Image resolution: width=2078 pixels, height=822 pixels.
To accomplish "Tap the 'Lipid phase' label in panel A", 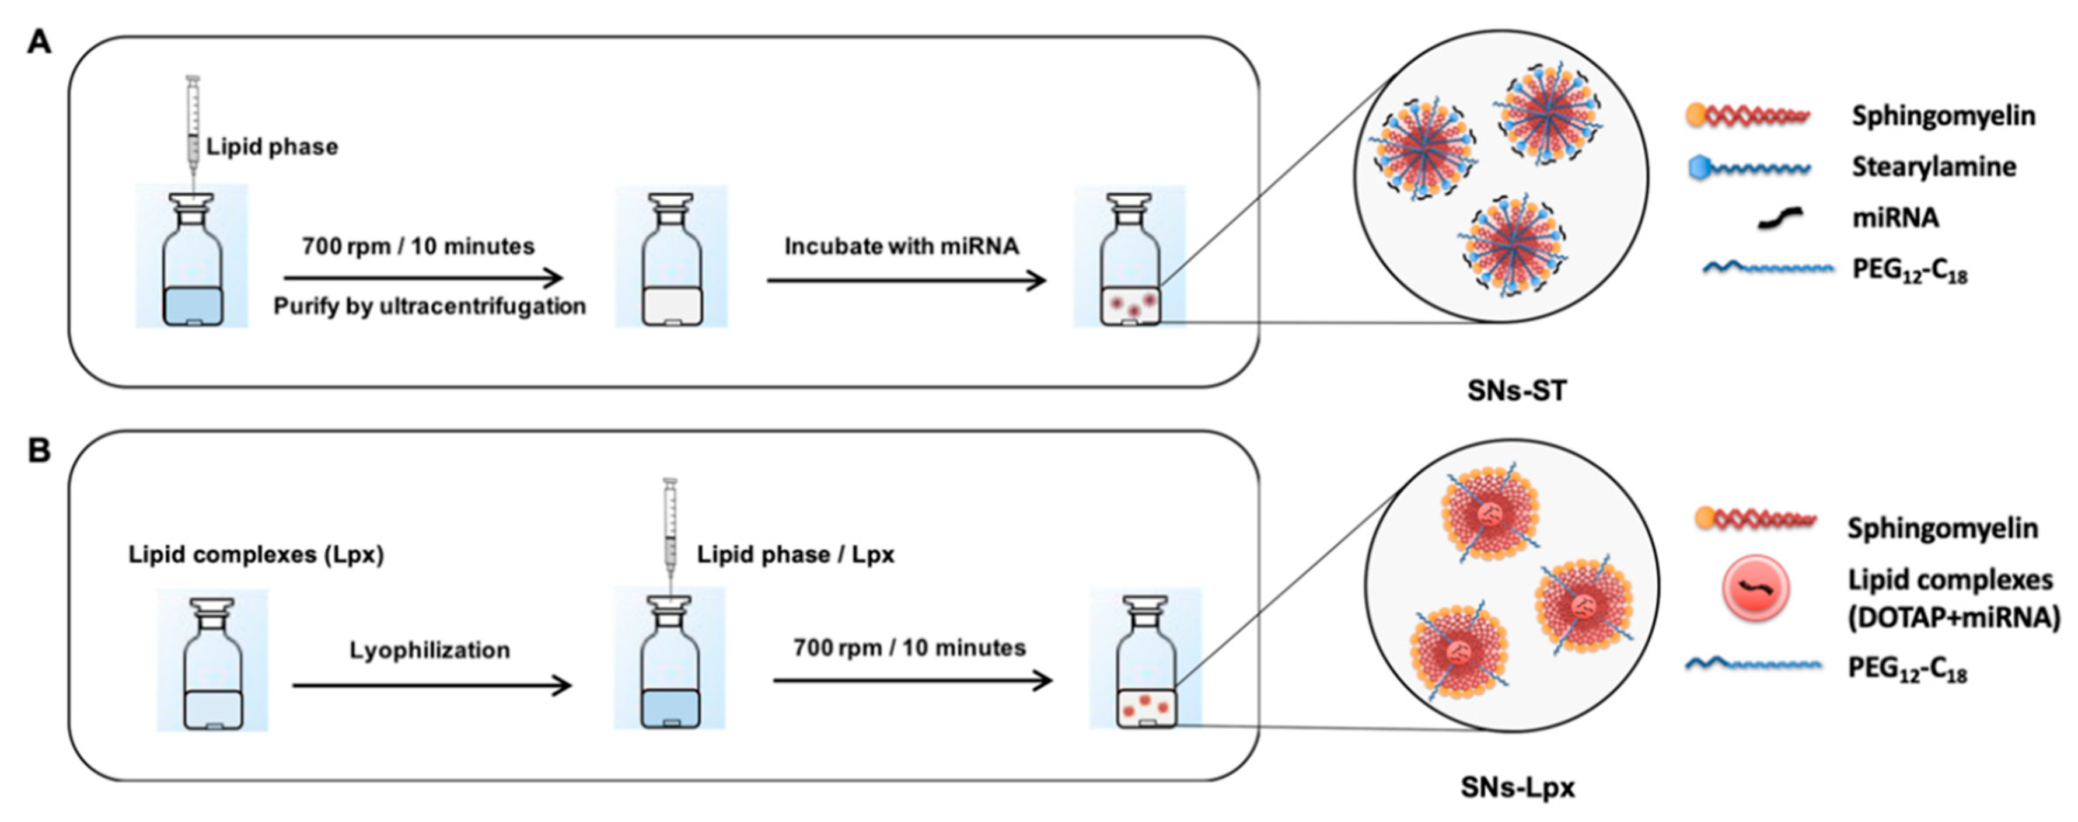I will (272, 147).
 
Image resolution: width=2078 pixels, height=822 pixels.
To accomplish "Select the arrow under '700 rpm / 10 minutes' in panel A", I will (422, 279).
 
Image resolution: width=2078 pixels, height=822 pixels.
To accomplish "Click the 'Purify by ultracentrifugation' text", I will (429, 306).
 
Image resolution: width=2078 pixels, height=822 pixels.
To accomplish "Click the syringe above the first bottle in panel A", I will (193, 129).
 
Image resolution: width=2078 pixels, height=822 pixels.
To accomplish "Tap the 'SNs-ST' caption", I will (1517, 391).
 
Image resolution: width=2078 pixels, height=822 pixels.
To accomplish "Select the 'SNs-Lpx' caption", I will (1517, 788).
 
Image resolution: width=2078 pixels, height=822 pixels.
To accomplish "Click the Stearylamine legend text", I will (1934, 167).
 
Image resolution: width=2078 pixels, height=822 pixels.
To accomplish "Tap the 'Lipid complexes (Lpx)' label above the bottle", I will (256, 555).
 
